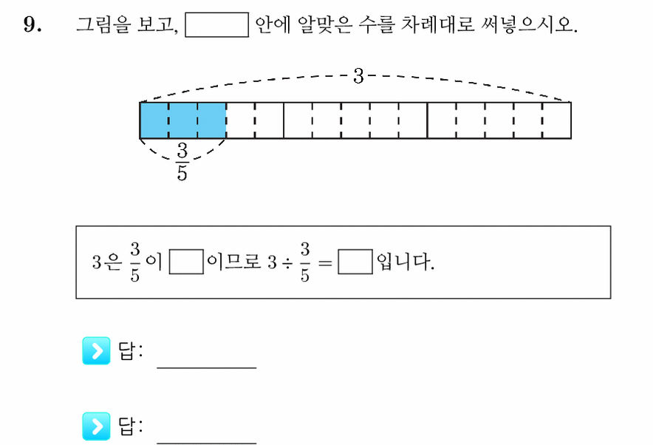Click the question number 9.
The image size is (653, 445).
click(33, 24)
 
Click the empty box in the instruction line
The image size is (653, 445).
click(217, 25)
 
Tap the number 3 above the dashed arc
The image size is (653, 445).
click(358, 76)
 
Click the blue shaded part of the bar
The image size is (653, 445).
click(182, 120)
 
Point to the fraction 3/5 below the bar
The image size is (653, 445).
click(182, 162)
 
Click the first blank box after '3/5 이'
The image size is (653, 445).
click(187, 262)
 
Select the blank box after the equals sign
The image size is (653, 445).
click(355, 262)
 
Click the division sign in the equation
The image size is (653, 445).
click(287, 263)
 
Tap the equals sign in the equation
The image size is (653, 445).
click(325, 263)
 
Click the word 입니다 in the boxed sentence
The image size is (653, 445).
click(405, 262)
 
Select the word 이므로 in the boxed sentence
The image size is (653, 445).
click(233, 262)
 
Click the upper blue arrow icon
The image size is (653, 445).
click(96, 351)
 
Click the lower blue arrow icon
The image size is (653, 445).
click(96, 427)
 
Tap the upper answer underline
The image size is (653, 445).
click(207, 368)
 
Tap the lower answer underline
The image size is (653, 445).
click(207, 444)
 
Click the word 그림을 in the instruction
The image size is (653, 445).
click(103, 24)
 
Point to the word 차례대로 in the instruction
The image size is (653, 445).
click(437, 24)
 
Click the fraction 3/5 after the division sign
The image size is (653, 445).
click(305, 262)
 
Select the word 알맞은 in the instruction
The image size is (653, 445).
click(325, 24)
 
